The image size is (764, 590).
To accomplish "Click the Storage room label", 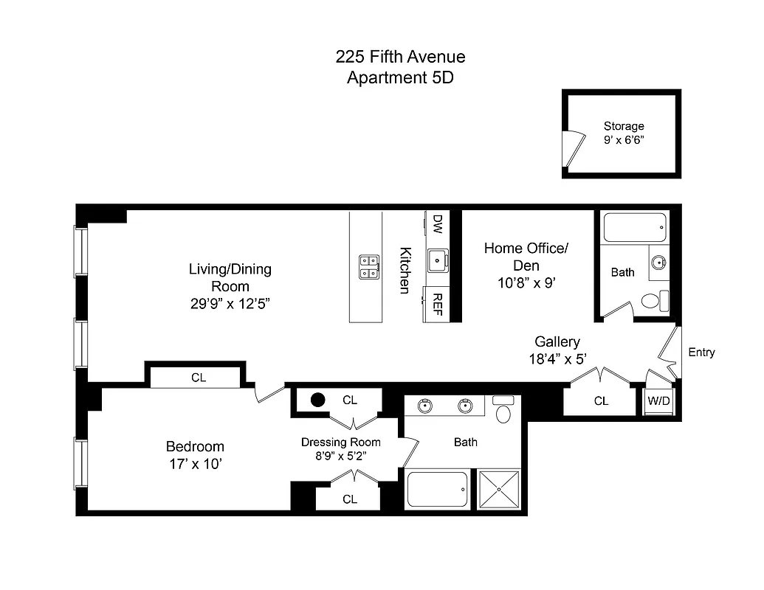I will pos(624,126).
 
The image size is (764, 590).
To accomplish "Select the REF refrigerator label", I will pos(437,303).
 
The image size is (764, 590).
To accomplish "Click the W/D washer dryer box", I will pos(658,401).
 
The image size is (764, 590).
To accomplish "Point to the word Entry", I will pos(701,353).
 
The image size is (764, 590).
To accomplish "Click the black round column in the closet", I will pos(317,400).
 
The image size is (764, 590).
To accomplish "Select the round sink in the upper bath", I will pos(659,262).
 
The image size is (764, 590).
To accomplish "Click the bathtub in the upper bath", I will pos(635,227).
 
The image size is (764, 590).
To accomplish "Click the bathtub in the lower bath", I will pos(438,489).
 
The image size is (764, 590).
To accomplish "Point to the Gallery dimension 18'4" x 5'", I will pos(557,360).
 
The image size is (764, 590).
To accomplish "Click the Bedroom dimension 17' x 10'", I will pos(194,464).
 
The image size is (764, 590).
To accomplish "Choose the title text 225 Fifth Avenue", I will pos(400,57).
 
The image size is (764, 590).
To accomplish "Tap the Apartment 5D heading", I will pos(400,77).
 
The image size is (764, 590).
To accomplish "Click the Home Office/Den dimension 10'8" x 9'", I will pos(526,282).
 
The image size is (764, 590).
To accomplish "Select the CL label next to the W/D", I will pos(602,401).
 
